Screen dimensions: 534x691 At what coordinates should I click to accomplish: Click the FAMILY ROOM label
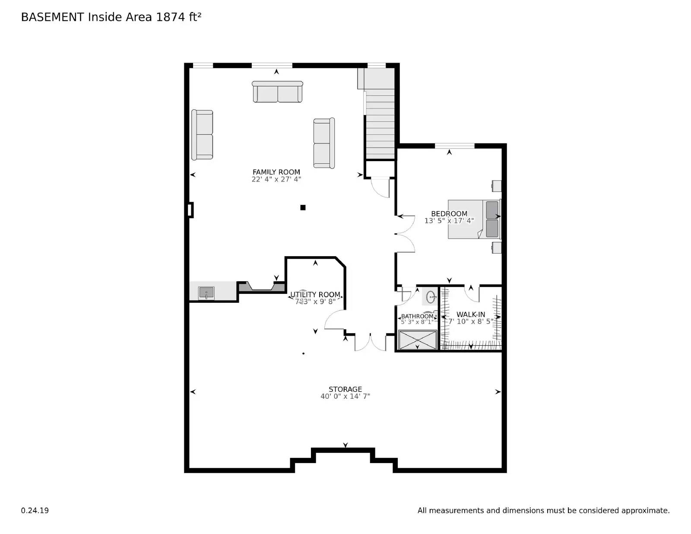pyautogui.click(x=276, y=172)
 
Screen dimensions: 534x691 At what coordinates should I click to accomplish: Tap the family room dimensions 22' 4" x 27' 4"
pyautogui.click(x=276, y=179)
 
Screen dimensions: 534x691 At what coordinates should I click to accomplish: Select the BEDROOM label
pyautogui.click(x=449, y=213)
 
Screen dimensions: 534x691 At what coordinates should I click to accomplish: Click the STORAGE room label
pyautogui.click(x=345, y=389)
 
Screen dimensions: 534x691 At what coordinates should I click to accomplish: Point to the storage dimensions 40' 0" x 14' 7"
pyautogui.click(x=345, y=397)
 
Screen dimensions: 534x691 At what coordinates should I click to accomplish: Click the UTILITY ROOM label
pyautogui.click(x=315, y=295)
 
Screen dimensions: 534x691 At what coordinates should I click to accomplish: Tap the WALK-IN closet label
pyautogui.click(x=471, y=315)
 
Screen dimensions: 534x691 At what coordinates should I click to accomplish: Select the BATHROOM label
pyautogui.click(x=417, y=316)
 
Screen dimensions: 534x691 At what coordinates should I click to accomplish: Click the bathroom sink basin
pyautogui.click(x=431, y=297)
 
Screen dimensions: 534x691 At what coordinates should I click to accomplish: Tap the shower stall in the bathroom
pyautogui.click(x=417, y=340)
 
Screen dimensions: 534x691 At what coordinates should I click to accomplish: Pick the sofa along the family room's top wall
pyautogui.click(x=277, y=92)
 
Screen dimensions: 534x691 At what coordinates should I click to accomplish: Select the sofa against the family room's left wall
pyautogui.click(x=202, y=135)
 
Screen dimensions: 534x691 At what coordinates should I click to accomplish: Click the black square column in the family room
pyautogui.click(x=303, y=207)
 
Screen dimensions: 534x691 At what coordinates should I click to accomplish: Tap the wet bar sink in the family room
pyautogui.click(x=206, y=293)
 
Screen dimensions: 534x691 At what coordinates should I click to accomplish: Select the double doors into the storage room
pyautogui.click(x=370, y=343)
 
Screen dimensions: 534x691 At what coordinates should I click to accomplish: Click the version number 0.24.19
pyautogui.click(x=35, y=511)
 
